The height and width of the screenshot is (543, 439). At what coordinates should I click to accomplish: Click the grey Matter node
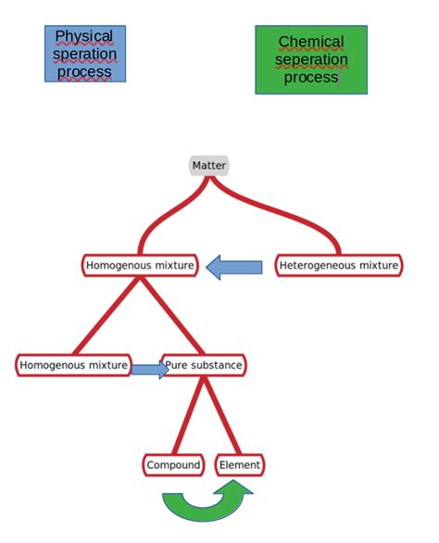click(208, 166)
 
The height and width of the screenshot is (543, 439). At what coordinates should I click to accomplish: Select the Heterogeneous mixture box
click(339, 266)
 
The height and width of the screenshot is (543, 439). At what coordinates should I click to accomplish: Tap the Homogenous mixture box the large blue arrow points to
click(140, 266)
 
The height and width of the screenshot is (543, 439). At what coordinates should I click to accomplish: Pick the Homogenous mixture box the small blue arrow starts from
click(73, 365)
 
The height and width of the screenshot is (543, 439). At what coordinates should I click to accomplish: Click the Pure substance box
click(205, 365)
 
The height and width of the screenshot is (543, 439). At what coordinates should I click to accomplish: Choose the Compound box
click(173, 464)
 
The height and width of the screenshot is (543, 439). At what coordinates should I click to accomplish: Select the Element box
click(239, 464)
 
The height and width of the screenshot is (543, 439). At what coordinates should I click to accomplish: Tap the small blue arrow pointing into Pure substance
click(149, 370)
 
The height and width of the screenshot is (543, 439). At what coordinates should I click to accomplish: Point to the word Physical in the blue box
click(84, 36)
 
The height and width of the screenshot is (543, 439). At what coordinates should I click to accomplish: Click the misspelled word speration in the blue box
click(84, 54)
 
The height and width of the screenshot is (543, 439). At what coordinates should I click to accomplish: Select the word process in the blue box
click(84, 71)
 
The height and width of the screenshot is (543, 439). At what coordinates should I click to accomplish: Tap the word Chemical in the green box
click(311, 42)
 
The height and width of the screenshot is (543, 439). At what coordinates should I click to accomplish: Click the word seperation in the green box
click(311, 59)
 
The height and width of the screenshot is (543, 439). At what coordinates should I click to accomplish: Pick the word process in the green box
click(311, 77)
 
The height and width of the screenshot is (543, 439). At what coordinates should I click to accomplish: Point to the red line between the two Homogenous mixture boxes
click(107, 315)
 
